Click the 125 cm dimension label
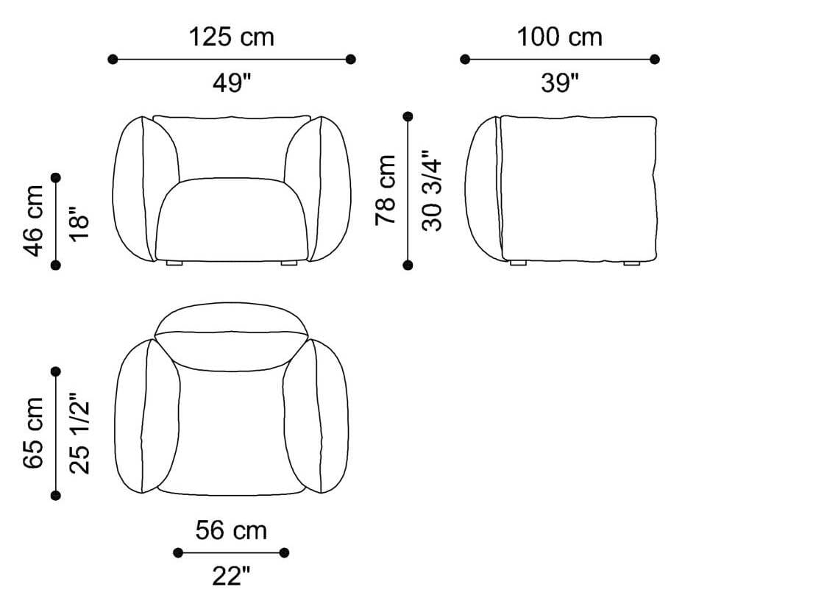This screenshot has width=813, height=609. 231,38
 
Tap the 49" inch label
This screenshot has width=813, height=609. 231,82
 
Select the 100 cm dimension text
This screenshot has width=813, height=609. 559,38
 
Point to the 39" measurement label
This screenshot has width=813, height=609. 559,82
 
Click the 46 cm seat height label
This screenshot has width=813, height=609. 34,221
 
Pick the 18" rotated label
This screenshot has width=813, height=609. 79,224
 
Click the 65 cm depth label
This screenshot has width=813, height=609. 34,433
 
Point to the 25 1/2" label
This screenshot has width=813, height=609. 79,433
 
